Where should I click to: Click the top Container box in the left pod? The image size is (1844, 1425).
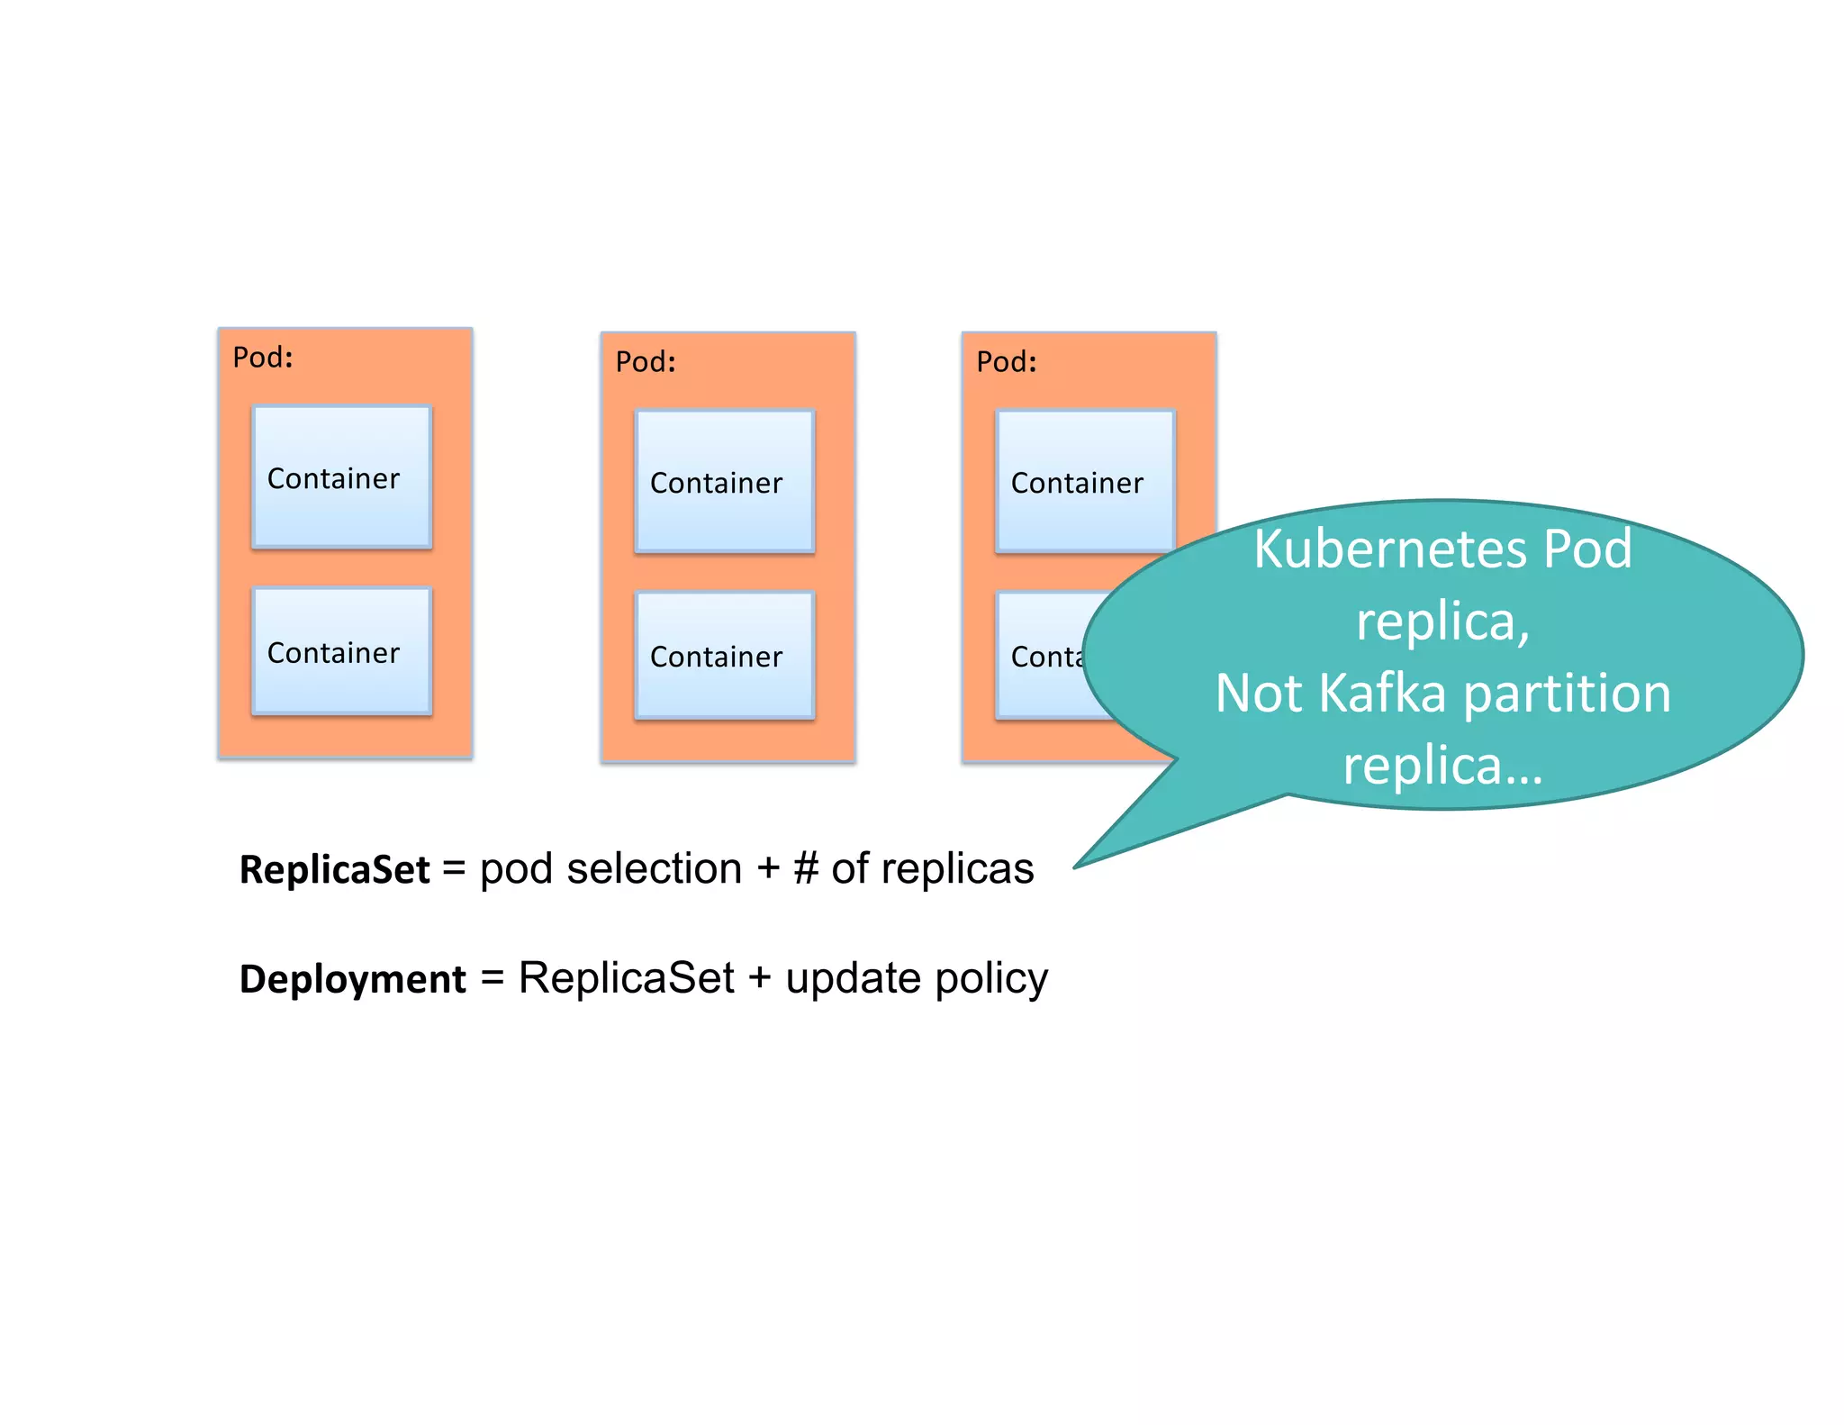pos(342,477)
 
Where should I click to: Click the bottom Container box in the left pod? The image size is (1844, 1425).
pos(342,651)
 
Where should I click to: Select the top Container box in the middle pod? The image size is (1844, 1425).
pos(725,481)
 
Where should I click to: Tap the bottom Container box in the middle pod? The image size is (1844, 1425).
pos(725,655)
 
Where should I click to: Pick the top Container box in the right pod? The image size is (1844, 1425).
pos(1085,481)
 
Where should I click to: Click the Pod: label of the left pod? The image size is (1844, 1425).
pos(263,358)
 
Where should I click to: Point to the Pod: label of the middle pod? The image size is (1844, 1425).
pos(646,362)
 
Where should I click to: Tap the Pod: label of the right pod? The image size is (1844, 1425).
pos(1007,362)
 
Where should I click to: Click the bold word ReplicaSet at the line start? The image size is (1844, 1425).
pos(334,870)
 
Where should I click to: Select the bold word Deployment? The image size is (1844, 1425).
pos(352,979)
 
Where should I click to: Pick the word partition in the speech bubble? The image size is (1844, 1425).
pos(1567,694)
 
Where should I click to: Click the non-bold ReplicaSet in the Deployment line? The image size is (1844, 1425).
pos(626,979)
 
